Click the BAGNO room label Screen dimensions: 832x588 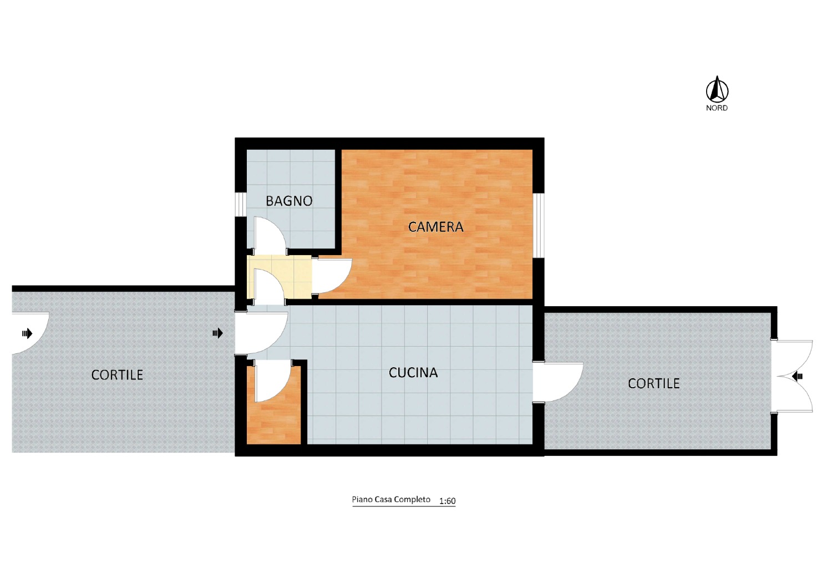289,201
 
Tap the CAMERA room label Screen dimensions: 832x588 435,227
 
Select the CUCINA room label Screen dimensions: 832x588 413,373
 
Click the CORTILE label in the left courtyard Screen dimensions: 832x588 117,375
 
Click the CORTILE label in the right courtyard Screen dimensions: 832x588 654,383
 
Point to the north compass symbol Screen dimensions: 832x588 717,89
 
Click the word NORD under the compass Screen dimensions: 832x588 717,108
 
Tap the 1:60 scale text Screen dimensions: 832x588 447,501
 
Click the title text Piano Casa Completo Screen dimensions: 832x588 391,499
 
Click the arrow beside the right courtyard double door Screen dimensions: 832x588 797,377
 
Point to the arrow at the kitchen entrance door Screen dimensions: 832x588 217,333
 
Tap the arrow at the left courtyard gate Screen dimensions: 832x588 27,333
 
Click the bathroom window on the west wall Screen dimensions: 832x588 240,205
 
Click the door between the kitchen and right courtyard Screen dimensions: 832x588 557,382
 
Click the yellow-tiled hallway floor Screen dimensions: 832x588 280,277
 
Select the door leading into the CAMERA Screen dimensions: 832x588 332,276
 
